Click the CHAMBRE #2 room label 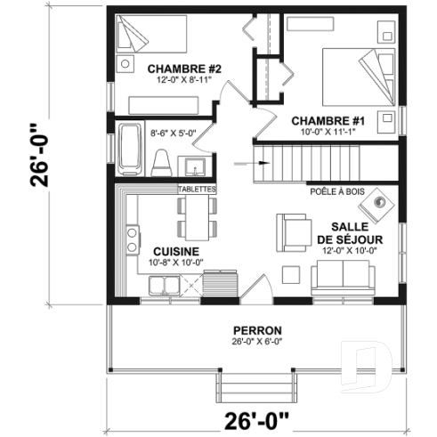(173, 69)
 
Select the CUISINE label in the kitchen (169, 251)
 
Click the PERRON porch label (253, 328)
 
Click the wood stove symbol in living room (382, 203)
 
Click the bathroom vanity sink (195, 166)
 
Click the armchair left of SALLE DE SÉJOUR (291, 231)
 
